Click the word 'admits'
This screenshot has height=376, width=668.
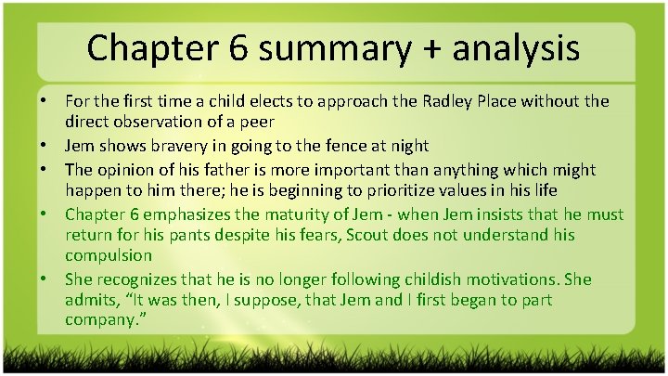(89, 299)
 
